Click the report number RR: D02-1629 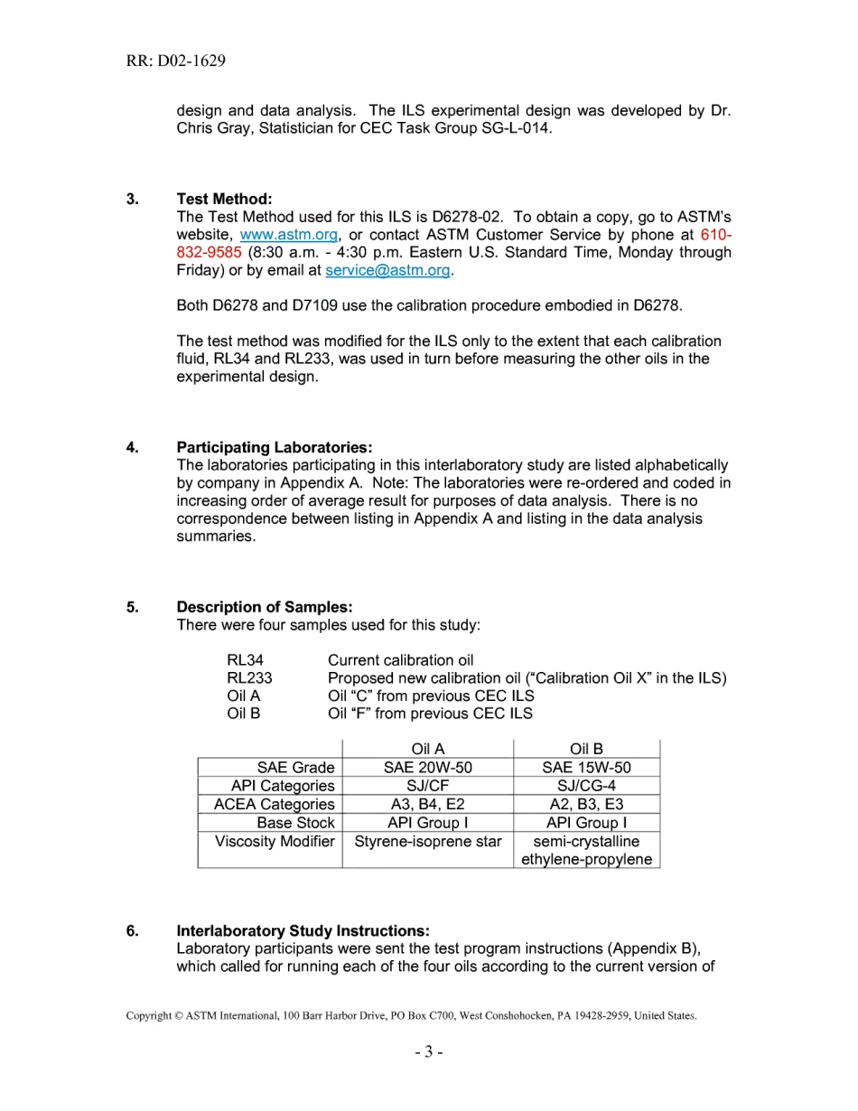click(176, 61)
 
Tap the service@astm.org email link click(387, 270)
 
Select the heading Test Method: click(224, 199)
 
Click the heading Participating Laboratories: click(274, 447)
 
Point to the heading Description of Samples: click(264, 607)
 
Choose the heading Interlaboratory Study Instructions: click(303, 930)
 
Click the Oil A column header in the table click(427, 750)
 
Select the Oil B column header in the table click(586, 750)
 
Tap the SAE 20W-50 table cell click(427, 768)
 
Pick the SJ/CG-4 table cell click(586, 786)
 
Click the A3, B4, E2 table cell click(427, 804)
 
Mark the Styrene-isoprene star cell click(427, 841)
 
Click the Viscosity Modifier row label click(275, 841)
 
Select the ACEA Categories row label click(274, 804)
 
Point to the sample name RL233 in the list click(249, 678)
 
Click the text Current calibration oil click(400, 660)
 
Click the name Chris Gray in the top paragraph click(214, 128)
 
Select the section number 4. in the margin click(133, 447)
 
